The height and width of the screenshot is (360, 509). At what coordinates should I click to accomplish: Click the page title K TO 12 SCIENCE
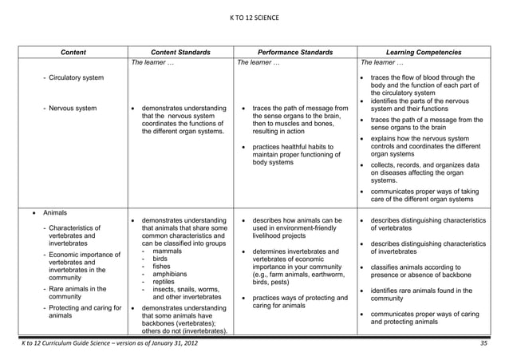coord(254,15)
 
